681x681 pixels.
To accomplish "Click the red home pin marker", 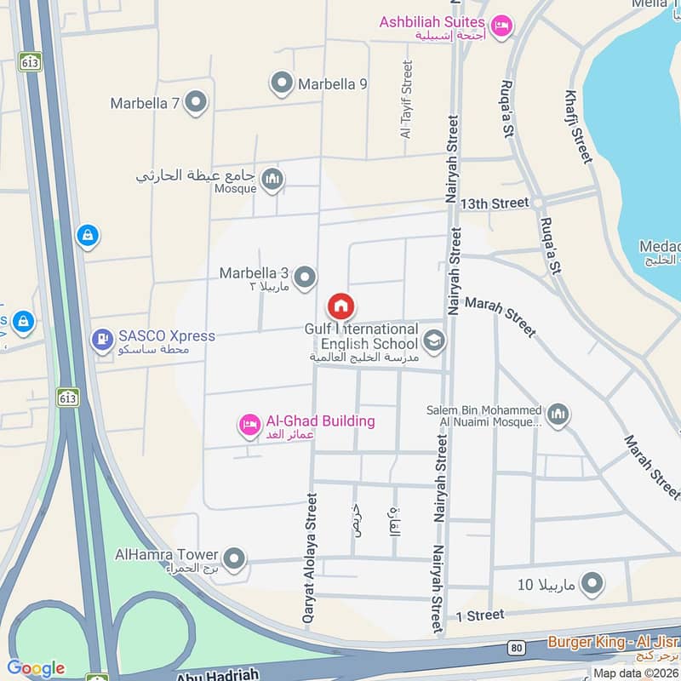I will (340, 306).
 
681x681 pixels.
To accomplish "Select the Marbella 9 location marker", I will (281, 83).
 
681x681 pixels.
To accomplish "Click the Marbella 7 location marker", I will (197, 103).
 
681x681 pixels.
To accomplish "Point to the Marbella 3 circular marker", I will (305, 276).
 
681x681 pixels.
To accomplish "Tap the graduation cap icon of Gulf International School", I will (434, 342).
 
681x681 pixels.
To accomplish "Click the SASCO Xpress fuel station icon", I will (102, 339).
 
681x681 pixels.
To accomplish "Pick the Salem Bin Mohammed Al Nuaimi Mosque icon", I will (558, 415).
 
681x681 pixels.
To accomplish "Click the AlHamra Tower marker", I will (235, 559).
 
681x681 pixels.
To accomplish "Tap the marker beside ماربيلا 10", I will (592, 584).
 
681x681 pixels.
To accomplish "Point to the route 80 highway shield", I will (518, 648).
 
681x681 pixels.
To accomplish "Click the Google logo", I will (36, 668).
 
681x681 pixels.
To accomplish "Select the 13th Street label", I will (495, 203).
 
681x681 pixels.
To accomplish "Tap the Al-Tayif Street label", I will (406, 99).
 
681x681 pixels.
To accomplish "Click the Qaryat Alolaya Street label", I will (311, 559).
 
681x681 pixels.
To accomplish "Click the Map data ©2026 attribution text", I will (634, 672).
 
